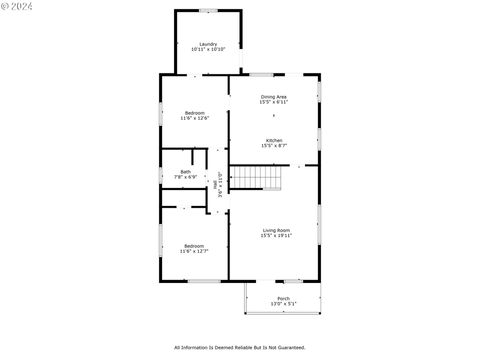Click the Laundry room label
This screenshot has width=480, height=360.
(208, 44)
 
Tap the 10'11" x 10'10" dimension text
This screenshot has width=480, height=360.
(208, 49)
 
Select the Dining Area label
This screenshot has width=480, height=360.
(274, 97)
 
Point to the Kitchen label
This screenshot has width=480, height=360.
(274, 140)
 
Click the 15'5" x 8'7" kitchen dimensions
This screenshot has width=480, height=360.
(274, 146)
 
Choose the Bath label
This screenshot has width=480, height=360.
(186, 172)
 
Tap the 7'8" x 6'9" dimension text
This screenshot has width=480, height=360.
(186, 177)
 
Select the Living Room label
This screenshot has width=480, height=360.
(276, 230)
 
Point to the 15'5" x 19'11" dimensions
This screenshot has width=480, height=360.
(276, 236)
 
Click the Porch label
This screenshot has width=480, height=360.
(284, 298)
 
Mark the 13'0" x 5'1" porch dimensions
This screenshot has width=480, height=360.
(284, 303)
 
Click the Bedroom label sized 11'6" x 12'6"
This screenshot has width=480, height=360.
(194, 113)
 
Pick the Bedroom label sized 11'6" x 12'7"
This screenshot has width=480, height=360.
(193, 246)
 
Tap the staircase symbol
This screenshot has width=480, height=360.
(259, 178)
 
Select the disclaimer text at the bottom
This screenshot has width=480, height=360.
(240, 348)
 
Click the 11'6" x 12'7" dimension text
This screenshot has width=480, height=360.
(193, 252)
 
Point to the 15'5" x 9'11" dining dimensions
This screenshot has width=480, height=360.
(274, 102)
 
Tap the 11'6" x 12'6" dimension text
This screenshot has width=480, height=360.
(194, 119)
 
